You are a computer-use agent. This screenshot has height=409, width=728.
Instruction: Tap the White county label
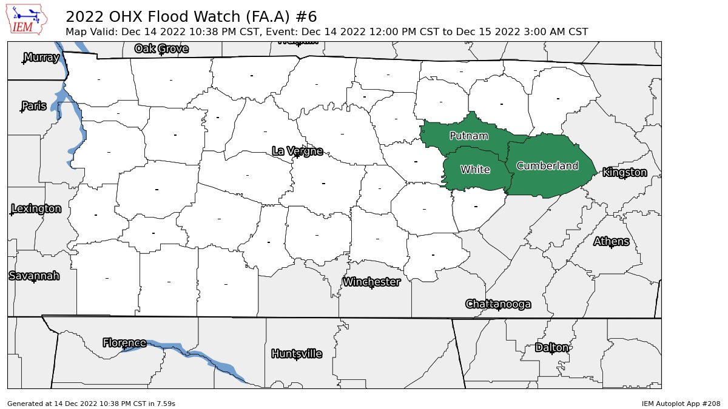475,170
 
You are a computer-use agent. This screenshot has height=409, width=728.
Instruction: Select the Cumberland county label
547,165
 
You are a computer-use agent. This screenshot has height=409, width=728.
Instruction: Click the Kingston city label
624,173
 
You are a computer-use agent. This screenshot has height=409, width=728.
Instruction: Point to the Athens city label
611,242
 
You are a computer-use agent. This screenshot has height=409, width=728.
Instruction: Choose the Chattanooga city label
498,304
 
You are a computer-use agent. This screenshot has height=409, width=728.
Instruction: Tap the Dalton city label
552,348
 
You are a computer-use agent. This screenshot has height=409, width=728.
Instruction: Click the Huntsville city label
297,354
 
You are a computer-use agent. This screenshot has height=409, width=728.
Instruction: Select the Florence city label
124,343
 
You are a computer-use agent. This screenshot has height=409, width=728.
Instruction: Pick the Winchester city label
371,282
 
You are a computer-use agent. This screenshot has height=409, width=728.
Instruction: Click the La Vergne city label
297,151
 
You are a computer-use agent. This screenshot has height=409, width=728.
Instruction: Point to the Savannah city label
34,276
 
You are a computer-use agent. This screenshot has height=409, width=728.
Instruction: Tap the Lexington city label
36,209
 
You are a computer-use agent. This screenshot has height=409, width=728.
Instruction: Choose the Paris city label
33,106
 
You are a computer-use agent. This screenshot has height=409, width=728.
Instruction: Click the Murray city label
41,58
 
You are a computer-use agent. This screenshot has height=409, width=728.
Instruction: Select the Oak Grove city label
161,48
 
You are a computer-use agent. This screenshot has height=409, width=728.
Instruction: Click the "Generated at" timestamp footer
91,403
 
